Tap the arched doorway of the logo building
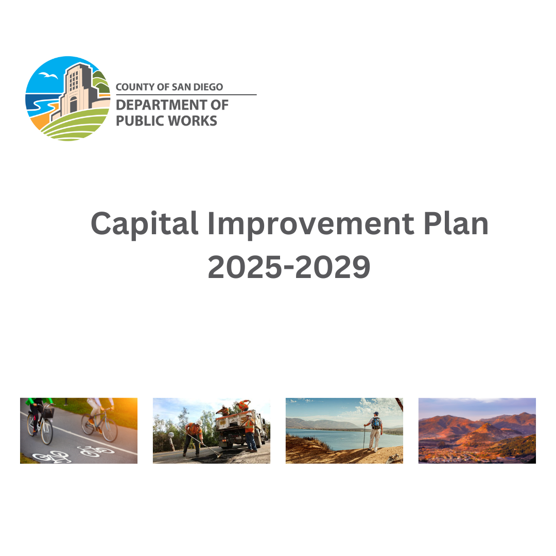click(x=73, y=105)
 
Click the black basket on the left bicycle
click(x=48, y=412)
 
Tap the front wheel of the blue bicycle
click(x=109, y=429)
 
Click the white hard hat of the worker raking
click(x=199, y=422)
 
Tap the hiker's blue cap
click(x=376, y=413)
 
